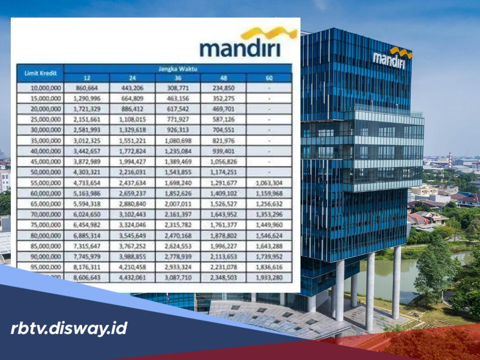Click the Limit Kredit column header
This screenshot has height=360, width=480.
(x=40, y=73)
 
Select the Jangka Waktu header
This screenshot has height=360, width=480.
(x=178, y=69)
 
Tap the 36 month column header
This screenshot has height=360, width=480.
(x=178, y=78)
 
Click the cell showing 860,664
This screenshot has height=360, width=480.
(x=87, y=88)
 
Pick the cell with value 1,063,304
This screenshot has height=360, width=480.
(x=269, y=183)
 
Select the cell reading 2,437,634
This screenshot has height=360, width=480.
(x=132, y=183)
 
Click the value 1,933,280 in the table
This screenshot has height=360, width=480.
(x=269, y=278)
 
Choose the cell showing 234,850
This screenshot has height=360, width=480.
(x=224, y=88)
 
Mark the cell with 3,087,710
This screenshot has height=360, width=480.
(x=178, y=278)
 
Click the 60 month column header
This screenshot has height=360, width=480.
(x=269, y=78)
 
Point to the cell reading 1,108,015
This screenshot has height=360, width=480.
(x=132, y=119)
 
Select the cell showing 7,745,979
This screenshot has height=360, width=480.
(x=87, y=257)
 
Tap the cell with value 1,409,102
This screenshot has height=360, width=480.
(x=224, y=193)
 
